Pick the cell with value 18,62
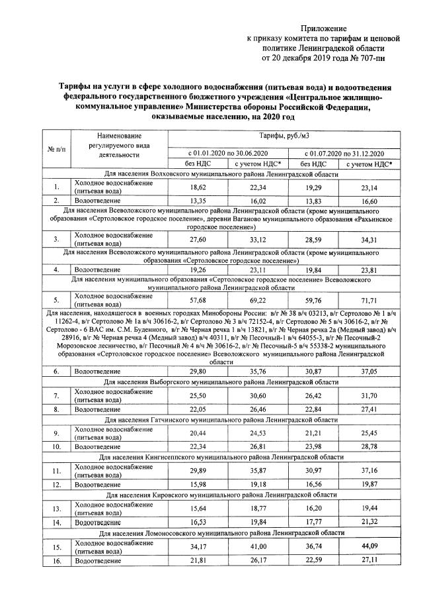point(198,188)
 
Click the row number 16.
point(57,561)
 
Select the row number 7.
point(57,396)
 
